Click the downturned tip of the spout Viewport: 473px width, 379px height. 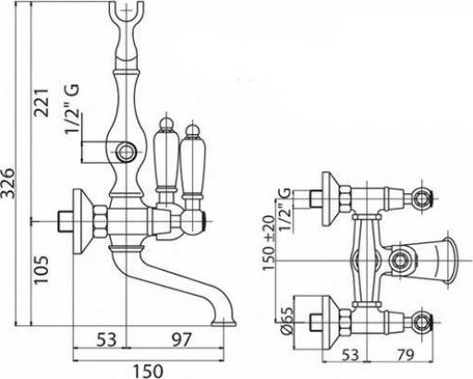(x=227, y=320)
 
